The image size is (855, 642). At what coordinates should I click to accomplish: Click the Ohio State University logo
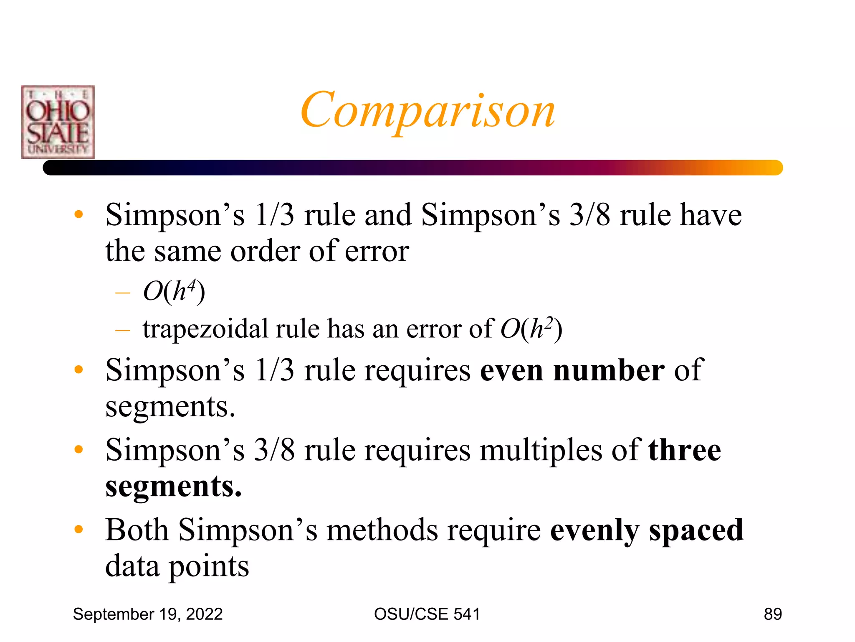click(58, 122)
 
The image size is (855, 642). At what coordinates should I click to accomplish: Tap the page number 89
click(773, 614)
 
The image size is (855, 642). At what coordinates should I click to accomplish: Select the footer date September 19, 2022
click(148, 614)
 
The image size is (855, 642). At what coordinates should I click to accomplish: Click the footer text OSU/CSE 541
click(427, 614)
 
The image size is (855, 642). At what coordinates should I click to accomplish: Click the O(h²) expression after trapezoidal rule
click(531, 329)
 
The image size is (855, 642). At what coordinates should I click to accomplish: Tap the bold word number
click(609, 370)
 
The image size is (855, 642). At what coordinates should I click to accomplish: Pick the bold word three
click(685, 450)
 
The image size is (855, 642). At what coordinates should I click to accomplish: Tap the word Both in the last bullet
click(137, 530)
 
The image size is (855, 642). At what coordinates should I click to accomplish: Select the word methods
click(382, 530)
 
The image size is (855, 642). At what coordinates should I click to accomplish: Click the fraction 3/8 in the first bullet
click(589, 215)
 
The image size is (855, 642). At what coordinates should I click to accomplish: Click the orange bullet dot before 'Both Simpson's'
click(78, 529)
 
